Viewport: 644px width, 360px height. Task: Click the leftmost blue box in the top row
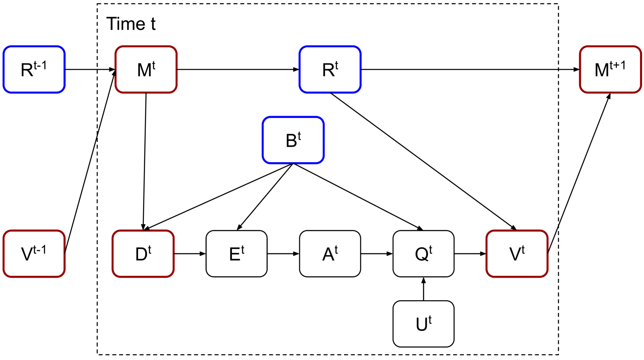[x=34, y=69]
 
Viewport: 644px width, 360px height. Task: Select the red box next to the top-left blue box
[x=146, y=69]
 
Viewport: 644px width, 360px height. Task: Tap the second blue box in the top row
[x=330, y=69]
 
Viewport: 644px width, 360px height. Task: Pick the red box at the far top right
[x=610, y=69]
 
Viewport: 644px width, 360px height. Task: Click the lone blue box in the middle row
[x=293, y=140]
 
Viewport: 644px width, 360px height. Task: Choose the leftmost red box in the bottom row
[x=34, y=254]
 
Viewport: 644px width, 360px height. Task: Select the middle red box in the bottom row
[x=143, y=254]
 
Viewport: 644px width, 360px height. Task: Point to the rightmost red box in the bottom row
[x=517, y=254]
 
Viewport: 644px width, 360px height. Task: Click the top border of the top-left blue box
[x=34, y=47]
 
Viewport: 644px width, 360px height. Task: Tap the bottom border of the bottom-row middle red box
[x=143, y=277]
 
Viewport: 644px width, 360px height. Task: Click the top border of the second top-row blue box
[x=330, y=47]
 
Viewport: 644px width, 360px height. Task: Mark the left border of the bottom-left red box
[x=4, y=254]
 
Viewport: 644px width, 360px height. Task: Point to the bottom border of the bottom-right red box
[x=517, y=277]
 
